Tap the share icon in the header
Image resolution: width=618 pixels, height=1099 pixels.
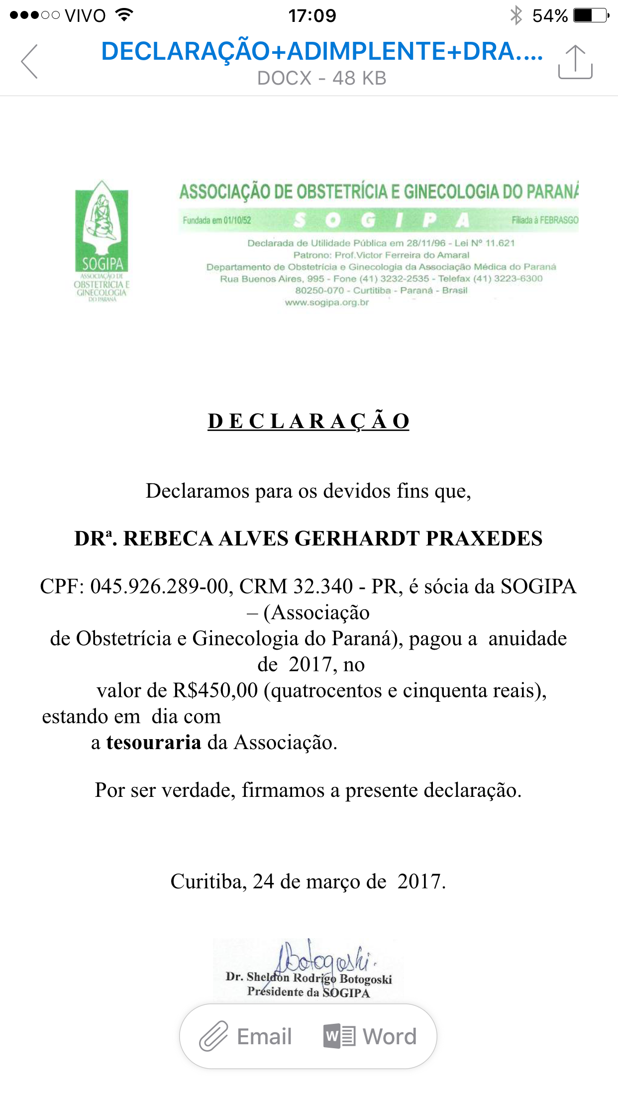coord(575,62)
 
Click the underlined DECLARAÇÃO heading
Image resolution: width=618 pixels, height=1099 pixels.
coord(309,422)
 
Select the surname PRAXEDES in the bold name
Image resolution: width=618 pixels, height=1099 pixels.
coord(484,539)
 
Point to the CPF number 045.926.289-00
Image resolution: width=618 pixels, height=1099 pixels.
coord(159,586)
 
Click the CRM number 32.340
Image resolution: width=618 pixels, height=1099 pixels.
coord(323,586)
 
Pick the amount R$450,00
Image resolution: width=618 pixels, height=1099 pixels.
coord(215,690)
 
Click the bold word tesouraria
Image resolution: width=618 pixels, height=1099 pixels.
coord(154,742)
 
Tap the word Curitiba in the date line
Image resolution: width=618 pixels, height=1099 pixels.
coord(206,881)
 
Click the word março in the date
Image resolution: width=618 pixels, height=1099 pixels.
coord(333,881)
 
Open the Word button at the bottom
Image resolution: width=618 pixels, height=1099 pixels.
coord(370,1037)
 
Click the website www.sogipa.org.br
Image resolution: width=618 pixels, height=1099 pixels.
coord(327,303)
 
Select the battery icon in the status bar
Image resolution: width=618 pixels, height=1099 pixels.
coord(591,15)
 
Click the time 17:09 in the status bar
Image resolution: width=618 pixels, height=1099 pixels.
coord(312,15)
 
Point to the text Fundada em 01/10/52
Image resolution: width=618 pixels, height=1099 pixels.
coord(217,220)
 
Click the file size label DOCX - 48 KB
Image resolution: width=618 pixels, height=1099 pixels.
coord(321,78)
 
